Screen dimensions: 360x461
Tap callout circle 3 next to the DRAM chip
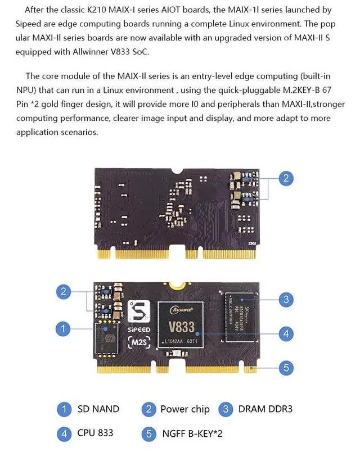click(286, 299)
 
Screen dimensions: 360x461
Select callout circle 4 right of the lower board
click(286, 333)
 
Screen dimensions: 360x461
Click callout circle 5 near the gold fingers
click(286, 368)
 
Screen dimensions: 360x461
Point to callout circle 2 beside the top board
click(286, 178)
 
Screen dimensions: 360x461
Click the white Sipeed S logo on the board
click(137, 311)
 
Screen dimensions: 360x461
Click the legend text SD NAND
click(98, 409)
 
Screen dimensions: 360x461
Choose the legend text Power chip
click(184, 409)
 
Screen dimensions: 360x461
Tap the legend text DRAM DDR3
click(265, 409)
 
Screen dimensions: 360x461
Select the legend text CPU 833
click(96, 432)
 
